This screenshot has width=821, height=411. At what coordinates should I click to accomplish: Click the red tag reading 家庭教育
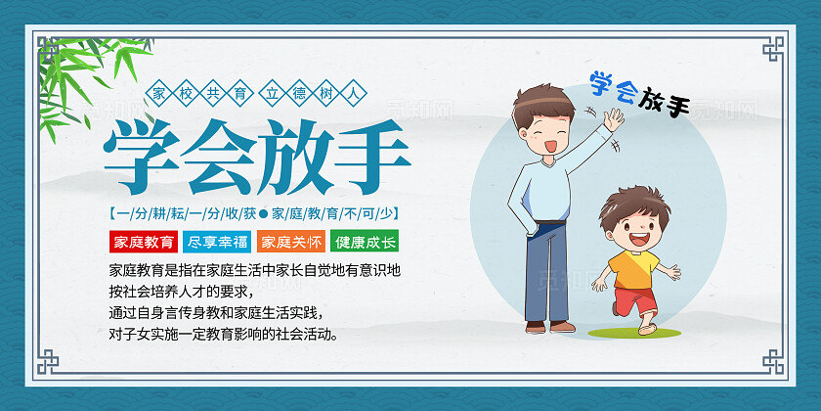click(x=144, y=241)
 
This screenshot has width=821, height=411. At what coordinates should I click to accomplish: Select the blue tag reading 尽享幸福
click(x=217, y=241)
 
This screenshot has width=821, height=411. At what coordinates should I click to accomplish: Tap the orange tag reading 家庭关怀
click(x=290, y=241)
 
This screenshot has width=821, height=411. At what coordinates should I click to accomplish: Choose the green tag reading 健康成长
click(x=365, y=241)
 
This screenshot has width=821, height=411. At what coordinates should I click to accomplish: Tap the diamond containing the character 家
click(x=159, y=94)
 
